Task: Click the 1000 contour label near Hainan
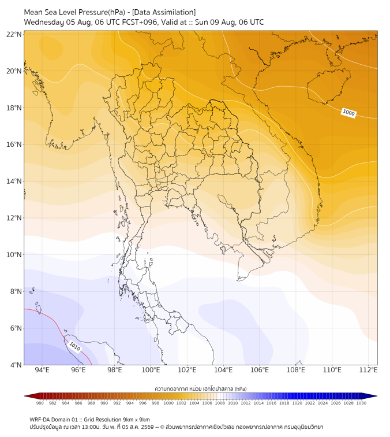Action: [x=348, y=113]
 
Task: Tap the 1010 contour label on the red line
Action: [x=74, y=346]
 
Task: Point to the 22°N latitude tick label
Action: [x=14, y=34]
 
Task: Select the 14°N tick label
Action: [x=14, y=181]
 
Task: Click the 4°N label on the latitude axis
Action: [x=16, y=365]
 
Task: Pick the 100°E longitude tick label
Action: [x=151, y=370]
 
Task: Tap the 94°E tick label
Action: [x=42, y=370]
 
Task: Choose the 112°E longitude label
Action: [x=368, y=370]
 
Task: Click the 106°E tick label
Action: [x=260, y=370]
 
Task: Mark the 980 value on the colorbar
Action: [x=40, y=403]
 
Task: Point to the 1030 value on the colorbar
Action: [x=361, y=403]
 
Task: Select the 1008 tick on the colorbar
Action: [x=220, y=403]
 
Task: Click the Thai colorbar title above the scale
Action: [x=201, y=388]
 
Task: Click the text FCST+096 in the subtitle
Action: [x=140, y=23]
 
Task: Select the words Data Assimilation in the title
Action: [x=164, y=12]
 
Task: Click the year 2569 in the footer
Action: [x=147, y=427]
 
